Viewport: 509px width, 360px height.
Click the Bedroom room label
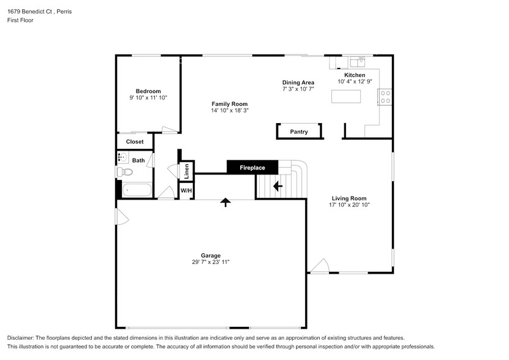[x=148, y=91]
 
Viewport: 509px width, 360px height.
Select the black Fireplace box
[x=252, y=167]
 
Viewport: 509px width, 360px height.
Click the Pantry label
[x=299, y=132]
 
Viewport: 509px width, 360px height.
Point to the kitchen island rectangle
[x=346, y=96]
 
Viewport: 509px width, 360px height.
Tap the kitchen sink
[x=358, y=61]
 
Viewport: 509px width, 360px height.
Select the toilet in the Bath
[x=126, y=172]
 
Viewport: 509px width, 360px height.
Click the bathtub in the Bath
[x=137, y=190]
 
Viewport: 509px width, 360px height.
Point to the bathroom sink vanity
[x=121, y=158]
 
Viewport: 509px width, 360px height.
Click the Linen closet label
[x=186, y=170]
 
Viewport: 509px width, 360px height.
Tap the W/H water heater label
[x=186, y=191]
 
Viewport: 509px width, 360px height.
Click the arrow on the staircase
[x=277, y=186]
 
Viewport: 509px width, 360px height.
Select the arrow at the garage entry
[x=225, y=202]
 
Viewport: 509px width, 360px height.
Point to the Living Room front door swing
[x=320, y=266]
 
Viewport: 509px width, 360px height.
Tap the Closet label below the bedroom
[x=135, y=141]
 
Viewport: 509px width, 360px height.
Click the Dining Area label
[x=298, y=83]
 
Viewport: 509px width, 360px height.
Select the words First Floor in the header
[x=20, y=20]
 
